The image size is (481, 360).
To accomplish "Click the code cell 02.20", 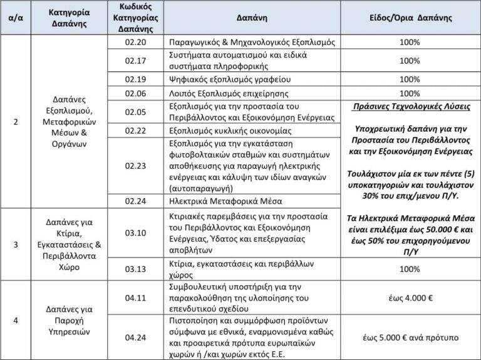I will (135, 42).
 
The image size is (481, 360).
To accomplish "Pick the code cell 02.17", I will (135, 61).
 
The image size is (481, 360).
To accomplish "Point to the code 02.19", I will (135, 79).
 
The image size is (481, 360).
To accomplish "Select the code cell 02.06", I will (135, 93).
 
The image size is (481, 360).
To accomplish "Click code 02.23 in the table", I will (135, 166).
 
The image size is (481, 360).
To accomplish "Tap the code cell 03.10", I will (135, 232).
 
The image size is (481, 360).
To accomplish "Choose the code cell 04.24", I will (135, 337).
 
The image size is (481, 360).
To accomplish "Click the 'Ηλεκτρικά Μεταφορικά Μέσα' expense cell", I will (226, 201).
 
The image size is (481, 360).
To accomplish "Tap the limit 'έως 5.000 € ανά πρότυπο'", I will (410, 337).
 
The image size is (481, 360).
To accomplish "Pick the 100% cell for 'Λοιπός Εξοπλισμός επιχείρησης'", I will (410, 93).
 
